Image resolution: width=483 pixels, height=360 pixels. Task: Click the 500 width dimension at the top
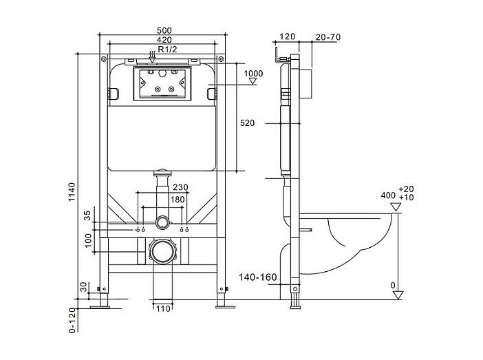[x=164, y=30]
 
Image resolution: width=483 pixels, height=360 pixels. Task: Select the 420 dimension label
[x=164, y=40]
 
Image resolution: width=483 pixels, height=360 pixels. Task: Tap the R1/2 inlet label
[x=168, y=49]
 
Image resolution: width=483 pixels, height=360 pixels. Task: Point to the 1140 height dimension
[x=72, y=192]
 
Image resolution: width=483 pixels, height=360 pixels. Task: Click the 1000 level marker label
[x=253, y=74]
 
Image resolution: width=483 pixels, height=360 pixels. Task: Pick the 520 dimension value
[x=248, y=123]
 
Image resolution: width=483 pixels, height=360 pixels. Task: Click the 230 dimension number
[x=180, y=187]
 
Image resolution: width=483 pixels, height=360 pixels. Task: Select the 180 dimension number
[x=178, y=200]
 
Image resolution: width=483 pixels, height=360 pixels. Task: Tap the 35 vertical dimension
[x=88, y=215]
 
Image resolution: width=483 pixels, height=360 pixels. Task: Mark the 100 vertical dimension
[x=88, y=240]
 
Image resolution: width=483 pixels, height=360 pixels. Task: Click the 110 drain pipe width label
[x=163, y=308]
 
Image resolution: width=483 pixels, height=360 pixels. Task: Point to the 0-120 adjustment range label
[x=72, y=320]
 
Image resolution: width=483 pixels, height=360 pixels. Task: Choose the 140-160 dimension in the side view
[x=258, y=277]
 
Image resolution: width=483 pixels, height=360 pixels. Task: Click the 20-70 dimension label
[x=328, y=37]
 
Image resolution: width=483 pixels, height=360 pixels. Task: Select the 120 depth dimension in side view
[x=287, y=36]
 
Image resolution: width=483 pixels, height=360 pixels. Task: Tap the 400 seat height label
[x=388, y=195]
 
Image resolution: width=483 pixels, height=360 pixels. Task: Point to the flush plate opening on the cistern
[x=162, y=84]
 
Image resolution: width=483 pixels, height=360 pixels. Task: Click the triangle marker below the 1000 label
[x=253, y=81]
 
